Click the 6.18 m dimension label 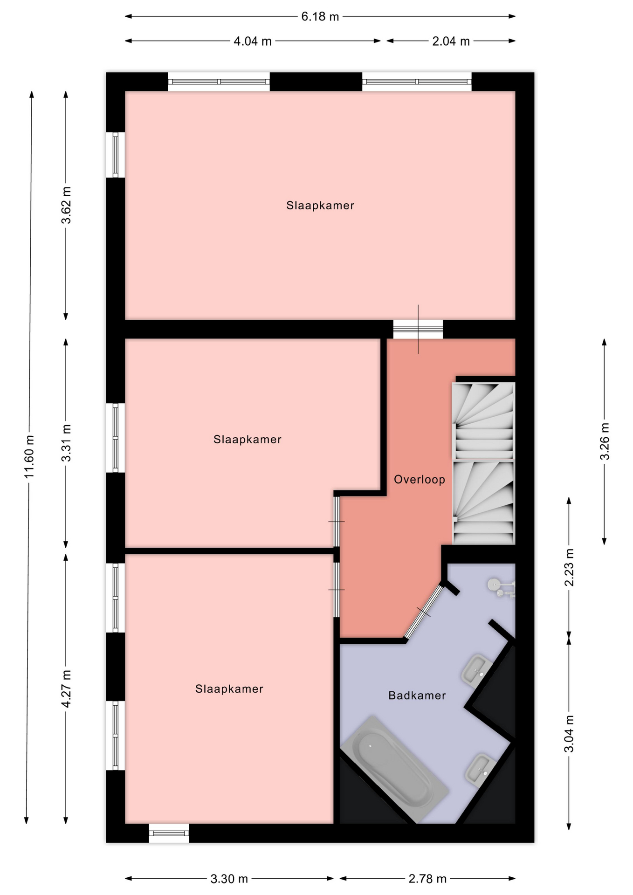point(320,17)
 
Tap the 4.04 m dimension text point(252,41)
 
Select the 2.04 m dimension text point(451,41)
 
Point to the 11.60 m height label point(29,457)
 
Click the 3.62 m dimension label point(66,205)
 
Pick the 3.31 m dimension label point(66,443)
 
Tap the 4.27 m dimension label point(66,689)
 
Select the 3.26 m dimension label point(605,441)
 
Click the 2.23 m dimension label point(569,567)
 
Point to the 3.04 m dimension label point(569,734)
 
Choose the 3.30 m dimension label point(229,879)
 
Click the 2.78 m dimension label point(427,879)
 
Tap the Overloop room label point(420,480)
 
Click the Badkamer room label point(417,695)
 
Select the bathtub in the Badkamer point(394,769)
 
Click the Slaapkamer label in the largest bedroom point(320,206)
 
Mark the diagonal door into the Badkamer point(424,611)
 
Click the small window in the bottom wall point(169,833)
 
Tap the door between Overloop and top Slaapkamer point(418,329)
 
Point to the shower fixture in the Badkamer point(502,588)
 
